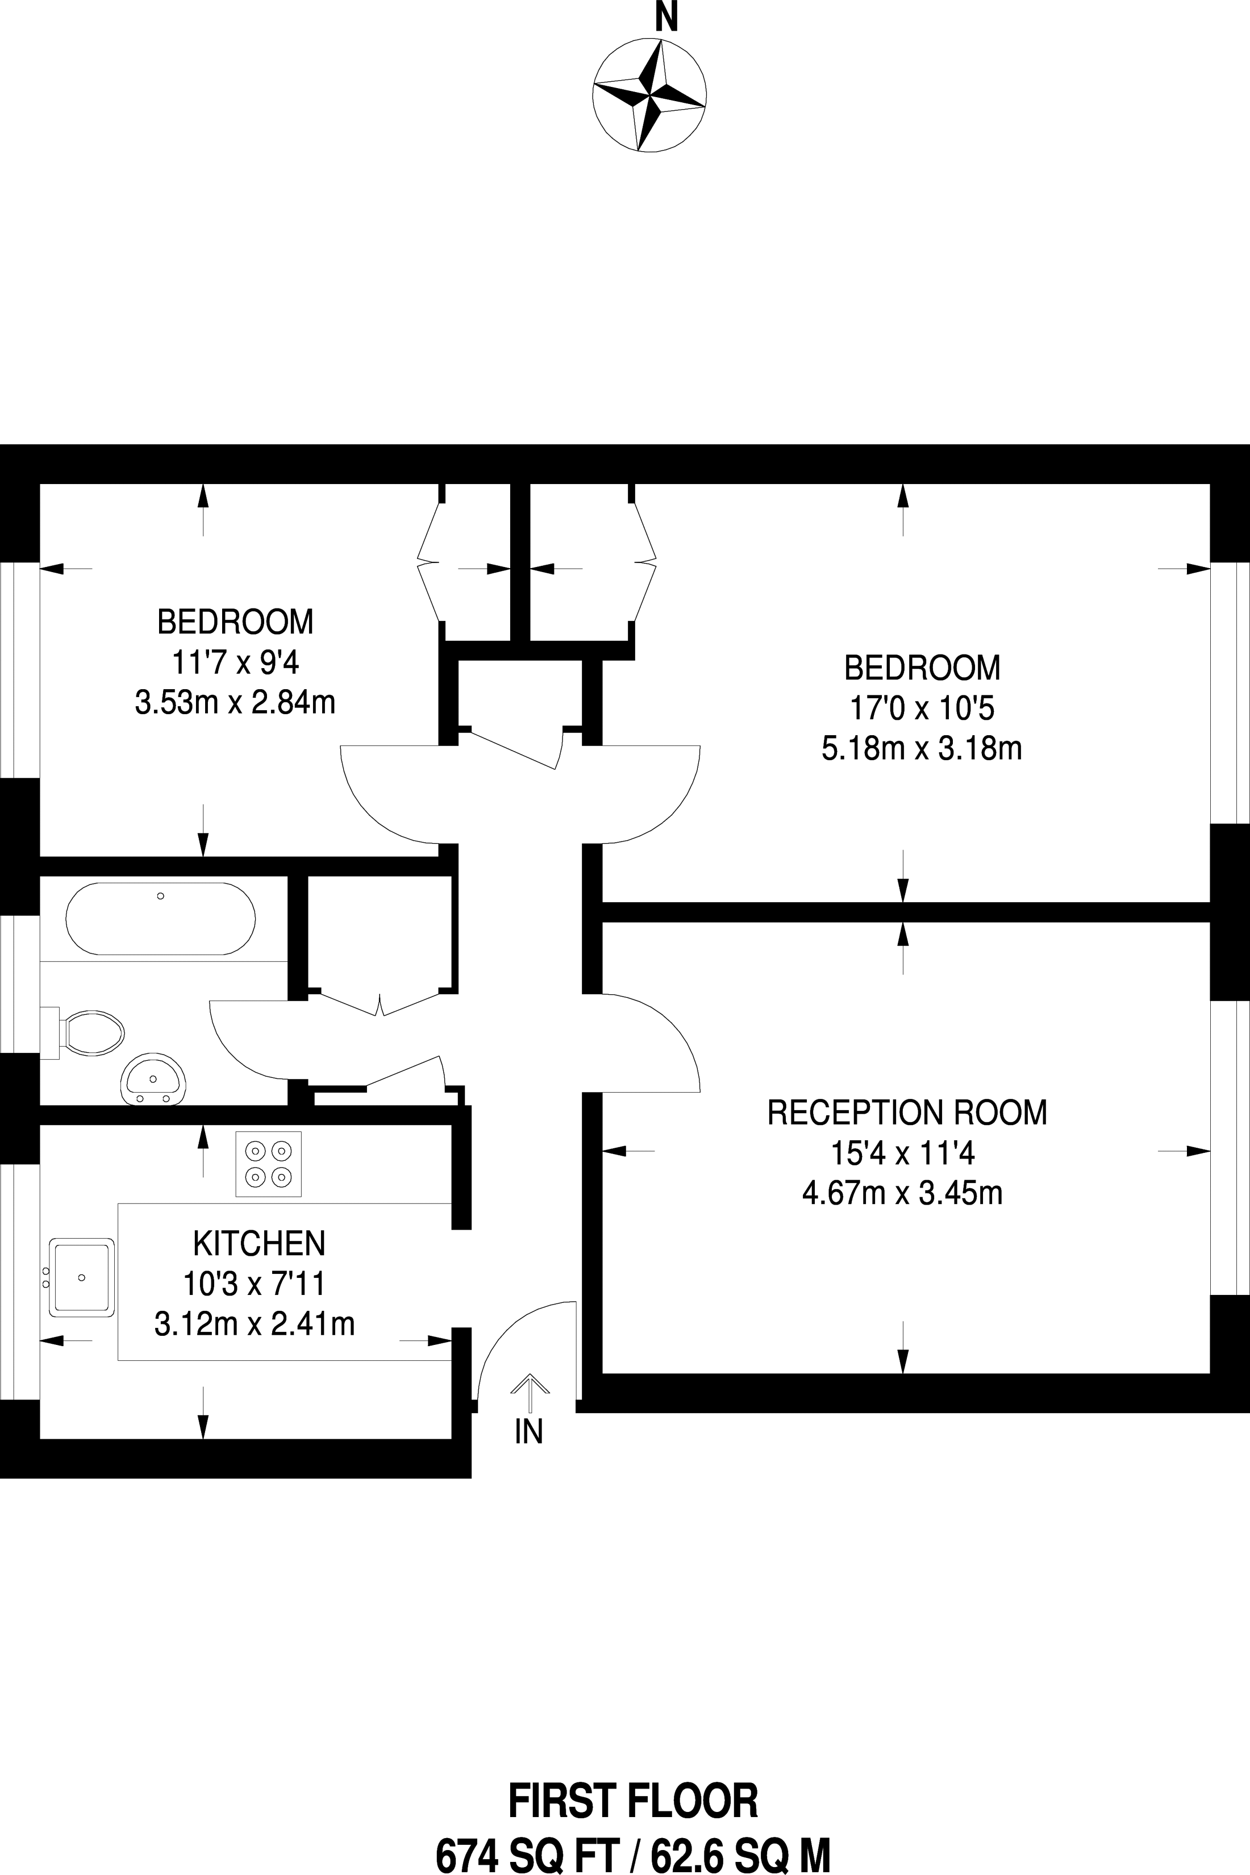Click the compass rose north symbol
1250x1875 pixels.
649,95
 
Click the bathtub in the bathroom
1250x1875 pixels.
161,918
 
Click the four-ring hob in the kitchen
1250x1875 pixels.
269,1164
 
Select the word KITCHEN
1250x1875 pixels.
259,1243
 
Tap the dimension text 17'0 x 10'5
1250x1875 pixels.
922,708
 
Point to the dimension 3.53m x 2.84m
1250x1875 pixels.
235,703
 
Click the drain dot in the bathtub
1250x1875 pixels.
161,896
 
